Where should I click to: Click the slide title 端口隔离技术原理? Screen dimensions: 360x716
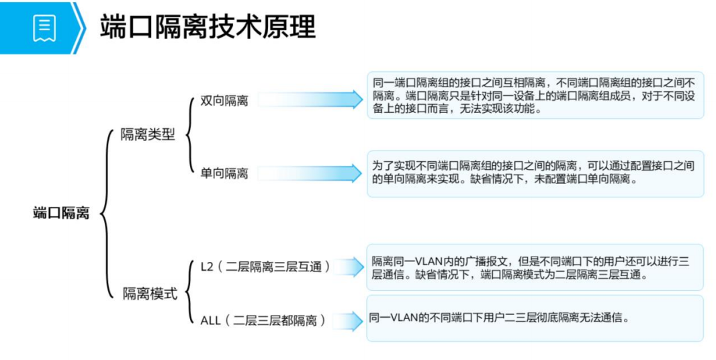point(208,28)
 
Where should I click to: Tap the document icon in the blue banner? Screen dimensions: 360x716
point(44,28)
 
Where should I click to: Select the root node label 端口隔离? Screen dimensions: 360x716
point(61,214)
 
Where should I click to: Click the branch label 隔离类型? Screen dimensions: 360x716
point(147,134)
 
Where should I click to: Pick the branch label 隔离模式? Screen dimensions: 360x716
point(150,294)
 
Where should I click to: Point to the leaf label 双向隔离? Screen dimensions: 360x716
point(224,101)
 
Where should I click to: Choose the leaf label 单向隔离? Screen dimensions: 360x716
point(224,173)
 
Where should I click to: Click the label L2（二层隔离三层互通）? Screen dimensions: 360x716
point(266,267)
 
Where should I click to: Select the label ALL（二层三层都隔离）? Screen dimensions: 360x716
point(263,320)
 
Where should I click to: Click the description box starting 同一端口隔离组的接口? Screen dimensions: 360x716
point(535,95)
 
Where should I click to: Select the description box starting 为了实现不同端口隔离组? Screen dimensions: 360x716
point(535,173)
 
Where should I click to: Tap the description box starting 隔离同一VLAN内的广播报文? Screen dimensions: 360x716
point(535,267)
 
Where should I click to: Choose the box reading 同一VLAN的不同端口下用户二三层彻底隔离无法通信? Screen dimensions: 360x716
point(535,318)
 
